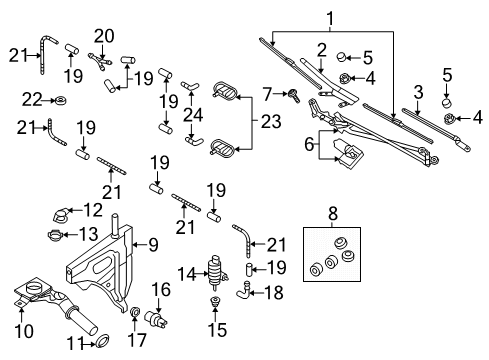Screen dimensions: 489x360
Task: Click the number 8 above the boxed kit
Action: tap(333, 214)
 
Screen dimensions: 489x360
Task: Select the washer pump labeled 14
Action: tap(217, 273)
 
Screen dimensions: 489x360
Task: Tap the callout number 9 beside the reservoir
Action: tap(153, 245)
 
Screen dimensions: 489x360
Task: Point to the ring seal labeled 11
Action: tap(102, 341)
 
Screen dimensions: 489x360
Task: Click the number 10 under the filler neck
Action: tap(24, 331)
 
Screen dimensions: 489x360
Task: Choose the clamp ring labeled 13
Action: tap(55, 235)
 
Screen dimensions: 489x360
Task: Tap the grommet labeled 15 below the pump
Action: tap(215, 302)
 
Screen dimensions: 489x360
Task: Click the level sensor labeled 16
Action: tap(156, 319)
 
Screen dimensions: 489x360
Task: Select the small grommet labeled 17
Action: tap(135, 312)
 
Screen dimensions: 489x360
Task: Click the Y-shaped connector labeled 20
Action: tap(99, 61)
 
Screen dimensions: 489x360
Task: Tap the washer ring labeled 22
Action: tap(61, 100)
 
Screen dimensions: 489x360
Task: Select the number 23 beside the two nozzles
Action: tap(271, 121)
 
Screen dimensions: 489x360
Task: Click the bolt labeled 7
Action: tap(294, 95)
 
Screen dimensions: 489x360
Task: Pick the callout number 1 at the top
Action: tap(330, 19)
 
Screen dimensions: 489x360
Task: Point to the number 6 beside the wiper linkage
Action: tap(309, 144)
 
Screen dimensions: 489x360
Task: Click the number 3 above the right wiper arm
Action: tap(419, 92)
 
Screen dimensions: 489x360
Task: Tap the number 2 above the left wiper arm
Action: tap(321, 50)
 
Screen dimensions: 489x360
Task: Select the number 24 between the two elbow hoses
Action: tap(193, 115)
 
